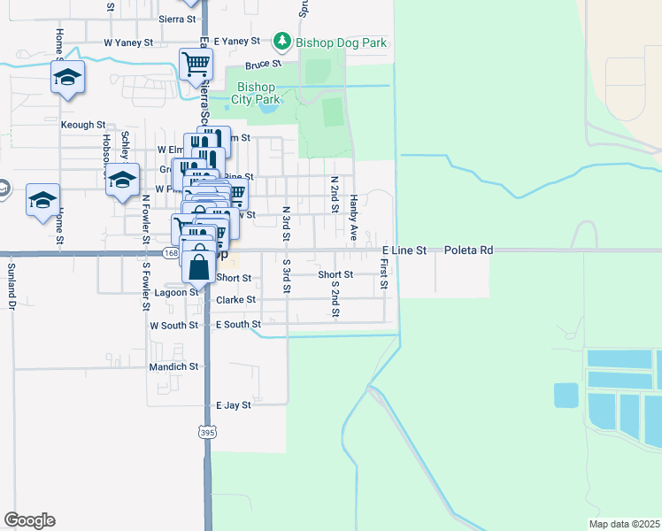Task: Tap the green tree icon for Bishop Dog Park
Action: click(282, 42)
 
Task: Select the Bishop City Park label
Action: click(258, 93)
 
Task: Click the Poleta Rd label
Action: click(468, 250)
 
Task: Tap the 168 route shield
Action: click(170, 254)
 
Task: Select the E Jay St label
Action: click(235, 404)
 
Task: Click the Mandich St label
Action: click(173, 366)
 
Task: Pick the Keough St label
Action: click(83, 125)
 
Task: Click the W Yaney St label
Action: click(128, 42)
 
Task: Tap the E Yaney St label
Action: click(236, 42)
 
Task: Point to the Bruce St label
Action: click(263, 65)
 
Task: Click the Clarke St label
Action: click(236, 300)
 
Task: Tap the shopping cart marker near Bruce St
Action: click(196, 64)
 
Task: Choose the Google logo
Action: click(29, 520)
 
